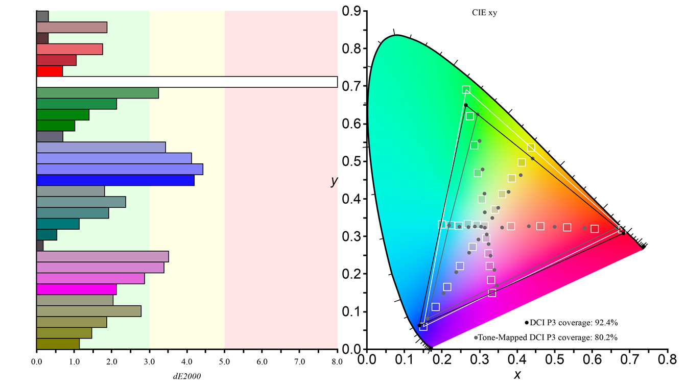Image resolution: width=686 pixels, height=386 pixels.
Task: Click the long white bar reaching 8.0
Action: click(x=187, y=82)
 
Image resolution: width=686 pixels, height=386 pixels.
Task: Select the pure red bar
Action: click(x=50, y=71)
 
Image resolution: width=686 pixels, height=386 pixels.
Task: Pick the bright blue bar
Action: click(x=115, y=180)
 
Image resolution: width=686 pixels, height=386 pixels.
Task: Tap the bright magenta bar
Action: click(x=77, y=289)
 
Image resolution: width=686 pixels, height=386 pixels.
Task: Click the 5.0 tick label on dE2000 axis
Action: click(x=224, y=362)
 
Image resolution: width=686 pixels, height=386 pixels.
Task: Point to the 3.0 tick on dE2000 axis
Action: click(x=149, y=362)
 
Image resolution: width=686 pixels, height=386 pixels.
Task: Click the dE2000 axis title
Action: click(x=187, y=376)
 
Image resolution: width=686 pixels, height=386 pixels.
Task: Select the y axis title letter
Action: click(x=335, y=181)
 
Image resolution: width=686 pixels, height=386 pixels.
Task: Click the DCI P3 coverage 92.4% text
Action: click(x=574, y=323)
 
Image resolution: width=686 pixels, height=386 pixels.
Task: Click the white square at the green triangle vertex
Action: click(x=466, y=90)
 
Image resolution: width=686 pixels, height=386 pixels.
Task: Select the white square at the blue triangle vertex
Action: click(x=423, y=327)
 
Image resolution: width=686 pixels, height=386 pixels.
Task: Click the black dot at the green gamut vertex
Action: click(x=465, y=105)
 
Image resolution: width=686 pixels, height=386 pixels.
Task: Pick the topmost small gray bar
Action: click(x=42, y=16)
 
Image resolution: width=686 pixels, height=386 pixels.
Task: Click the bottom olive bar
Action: click(x=58, y=344)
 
